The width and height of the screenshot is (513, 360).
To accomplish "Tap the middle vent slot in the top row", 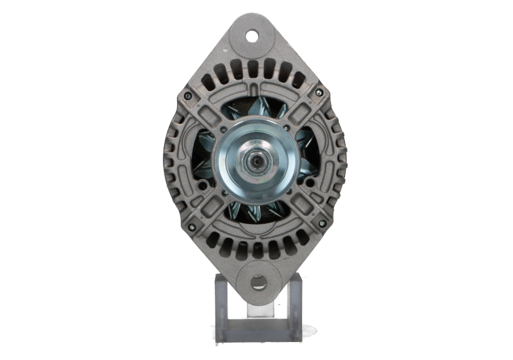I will [x=255, y=70].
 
